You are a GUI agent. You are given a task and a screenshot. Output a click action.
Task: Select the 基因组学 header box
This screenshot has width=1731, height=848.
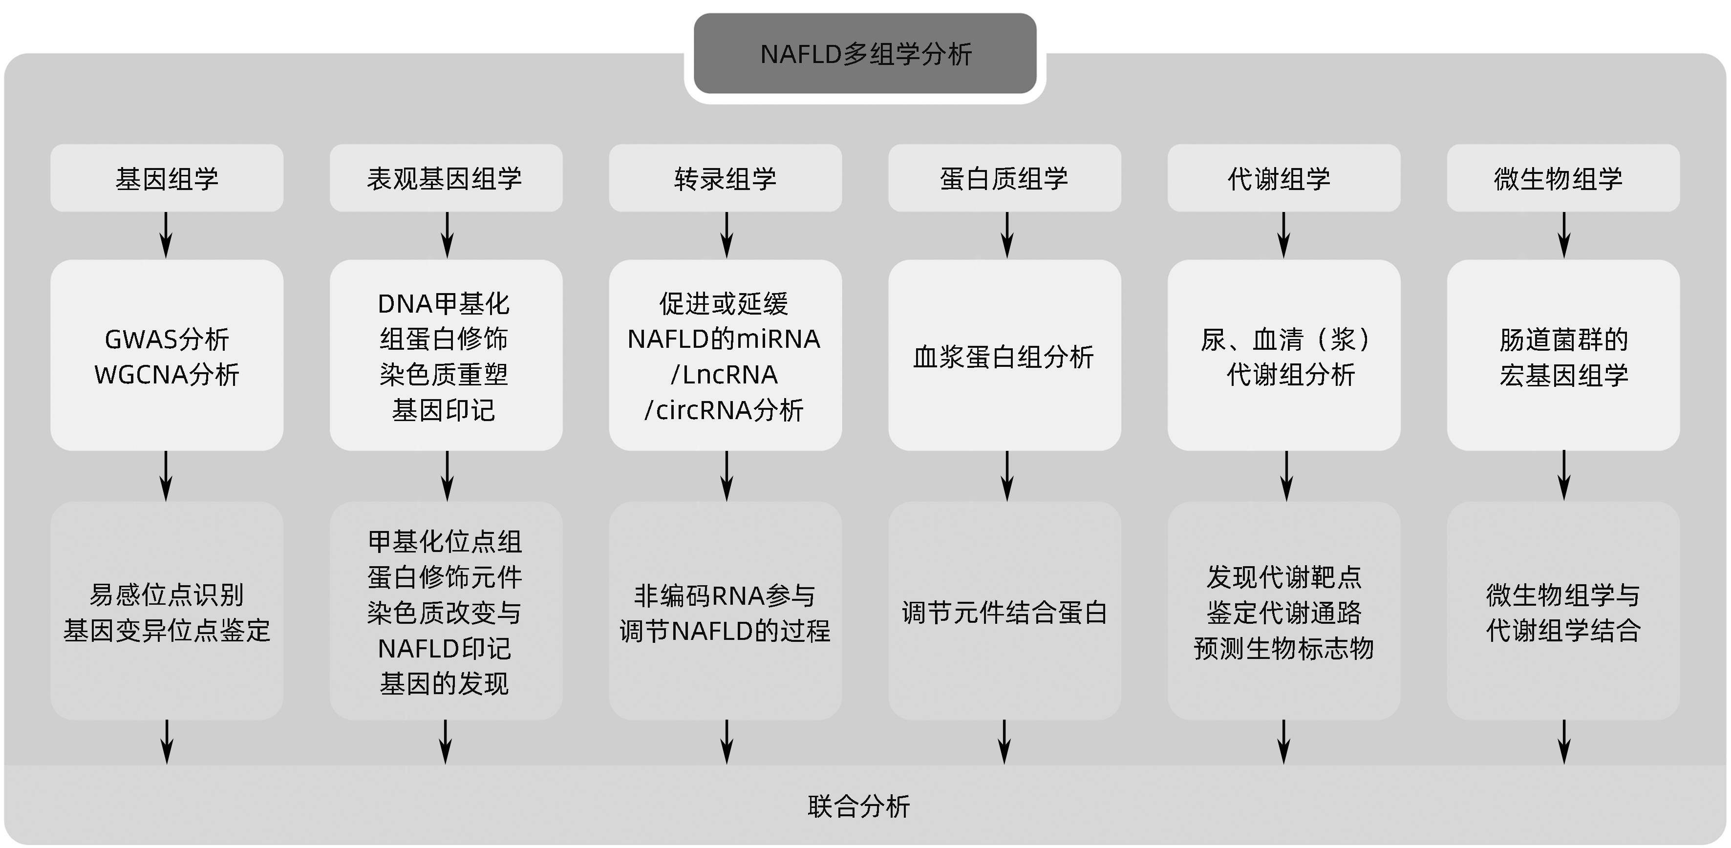pyautogui.click(x=167, y=178)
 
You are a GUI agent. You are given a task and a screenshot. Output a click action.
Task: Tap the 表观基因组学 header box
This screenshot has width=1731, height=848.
pyautogui.click(x=446, y=178)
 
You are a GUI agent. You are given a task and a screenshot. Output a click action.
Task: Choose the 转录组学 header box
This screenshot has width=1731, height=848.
pyautogui.click(x=725, y=178)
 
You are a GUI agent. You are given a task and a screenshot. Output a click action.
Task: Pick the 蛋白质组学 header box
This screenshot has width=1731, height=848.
pyautogui.click(x=1004, y=178)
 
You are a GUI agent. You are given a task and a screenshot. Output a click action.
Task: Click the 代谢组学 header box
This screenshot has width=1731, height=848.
pyautogui.click(x=1283, y=178)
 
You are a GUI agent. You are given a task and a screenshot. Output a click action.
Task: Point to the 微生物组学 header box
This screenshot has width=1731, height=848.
pyautogui.click(x=1563, y=178)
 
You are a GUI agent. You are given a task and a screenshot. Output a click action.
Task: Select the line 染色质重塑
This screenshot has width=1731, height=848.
pyautogui.click(x=444, y=374)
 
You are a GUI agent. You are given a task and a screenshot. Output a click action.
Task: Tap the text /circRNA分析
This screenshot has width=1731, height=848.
pyautogui.click(x=724, y=410)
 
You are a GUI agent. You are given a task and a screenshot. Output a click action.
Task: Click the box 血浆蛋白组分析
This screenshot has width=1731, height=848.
pyautogui.click(x=1004, y=356)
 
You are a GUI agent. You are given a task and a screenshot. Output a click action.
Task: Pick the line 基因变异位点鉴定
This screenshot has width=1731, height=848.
pyautogui.click(x=167, y=630)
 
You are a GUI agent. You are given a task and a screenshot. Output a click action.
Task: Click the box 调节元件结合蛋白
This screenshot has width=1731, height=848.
pyautogui.click(x=1004, y=612)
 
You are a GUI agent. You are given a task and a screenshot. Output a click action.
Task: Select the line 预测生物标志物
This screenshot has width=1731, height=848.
pyautogui.click(x=1283, y=648)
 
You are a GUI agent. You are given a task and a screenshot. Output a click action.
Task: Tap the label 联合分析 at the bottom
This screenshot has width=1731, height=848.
pyautogui.click(x=859, y=806)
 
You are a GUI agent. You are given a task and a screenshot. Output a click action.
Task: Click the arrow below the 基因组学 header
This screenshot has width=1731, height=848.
pyautogui.click(x=166, y=235)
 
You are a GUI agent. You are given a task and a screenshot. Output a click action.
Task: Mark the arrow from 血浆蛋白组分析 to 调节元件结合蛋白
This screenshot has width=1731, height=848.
pyautogui.click(x=1006, y=476)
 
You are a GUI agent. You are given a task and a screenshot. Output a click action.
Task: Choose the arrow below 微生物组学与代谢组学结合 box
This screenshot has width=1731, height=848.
pyautogui.click(x=1564, y=742)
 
